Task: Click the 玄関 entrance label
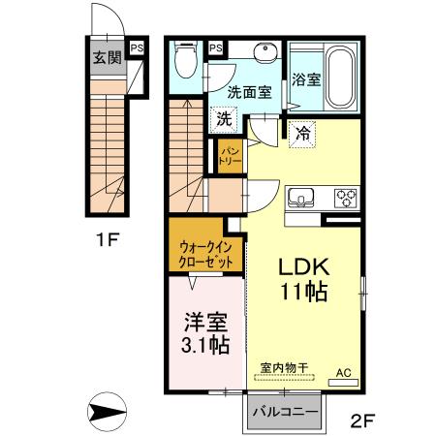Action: [107, 57]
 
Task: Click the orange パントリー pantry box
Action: [231, 155]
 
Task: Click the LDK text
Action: [302, 266]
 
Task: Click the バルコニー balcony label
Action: [285, 413]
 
